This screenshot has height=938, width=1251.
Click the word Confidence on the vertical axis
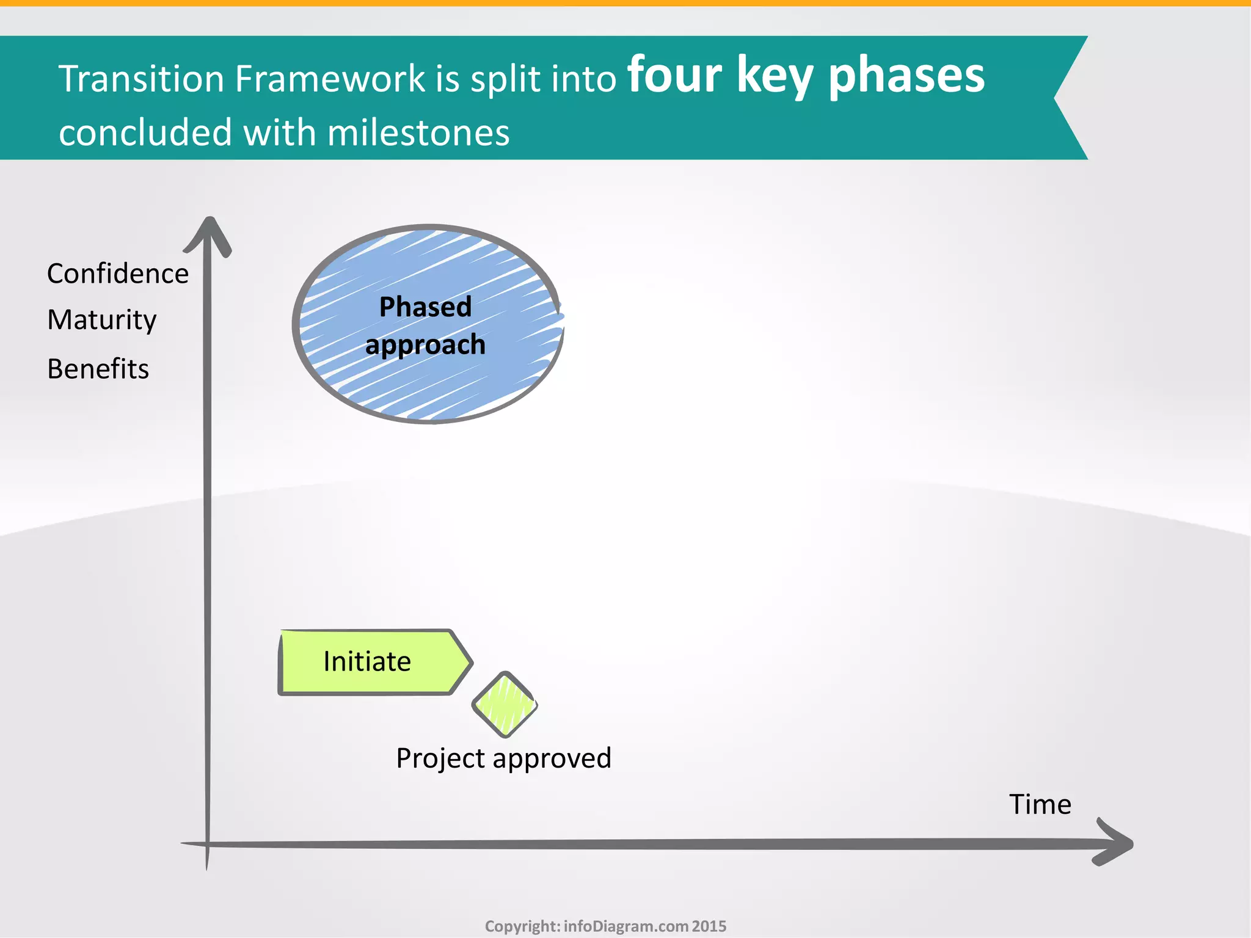coord(117,274)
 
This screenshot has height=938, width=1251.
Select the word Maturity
coord(102,320)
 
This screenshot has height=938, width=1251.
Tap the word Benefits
coord(98,369)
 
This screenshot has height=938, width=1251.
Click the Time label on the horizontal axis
coord(1040,804)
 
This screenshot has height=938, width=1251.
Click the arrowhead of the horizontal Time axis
coord(1118,844)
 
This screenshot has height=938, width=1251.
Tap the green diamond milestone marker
coord(505,704)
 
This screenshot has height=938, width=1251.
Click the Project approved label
coord(503,758)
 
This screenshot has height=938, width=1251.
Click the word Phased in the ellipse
coord(425,307)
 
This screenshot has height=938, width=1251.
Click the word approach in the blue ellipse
coord(425,345)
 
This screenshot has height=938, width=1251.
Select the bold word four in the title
coord(674,76)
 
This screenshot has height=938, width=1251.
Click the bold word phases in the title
coord(906,77)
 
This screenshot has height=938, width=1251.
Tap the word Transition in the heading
coord(141,79)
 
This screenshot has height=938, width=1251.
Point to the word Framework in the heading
coord(330,79)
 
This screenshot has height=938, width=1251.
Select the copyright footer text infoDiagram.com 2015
coord(644,926)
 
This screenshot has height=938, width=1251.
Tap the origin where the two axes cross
coord(208,845)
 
